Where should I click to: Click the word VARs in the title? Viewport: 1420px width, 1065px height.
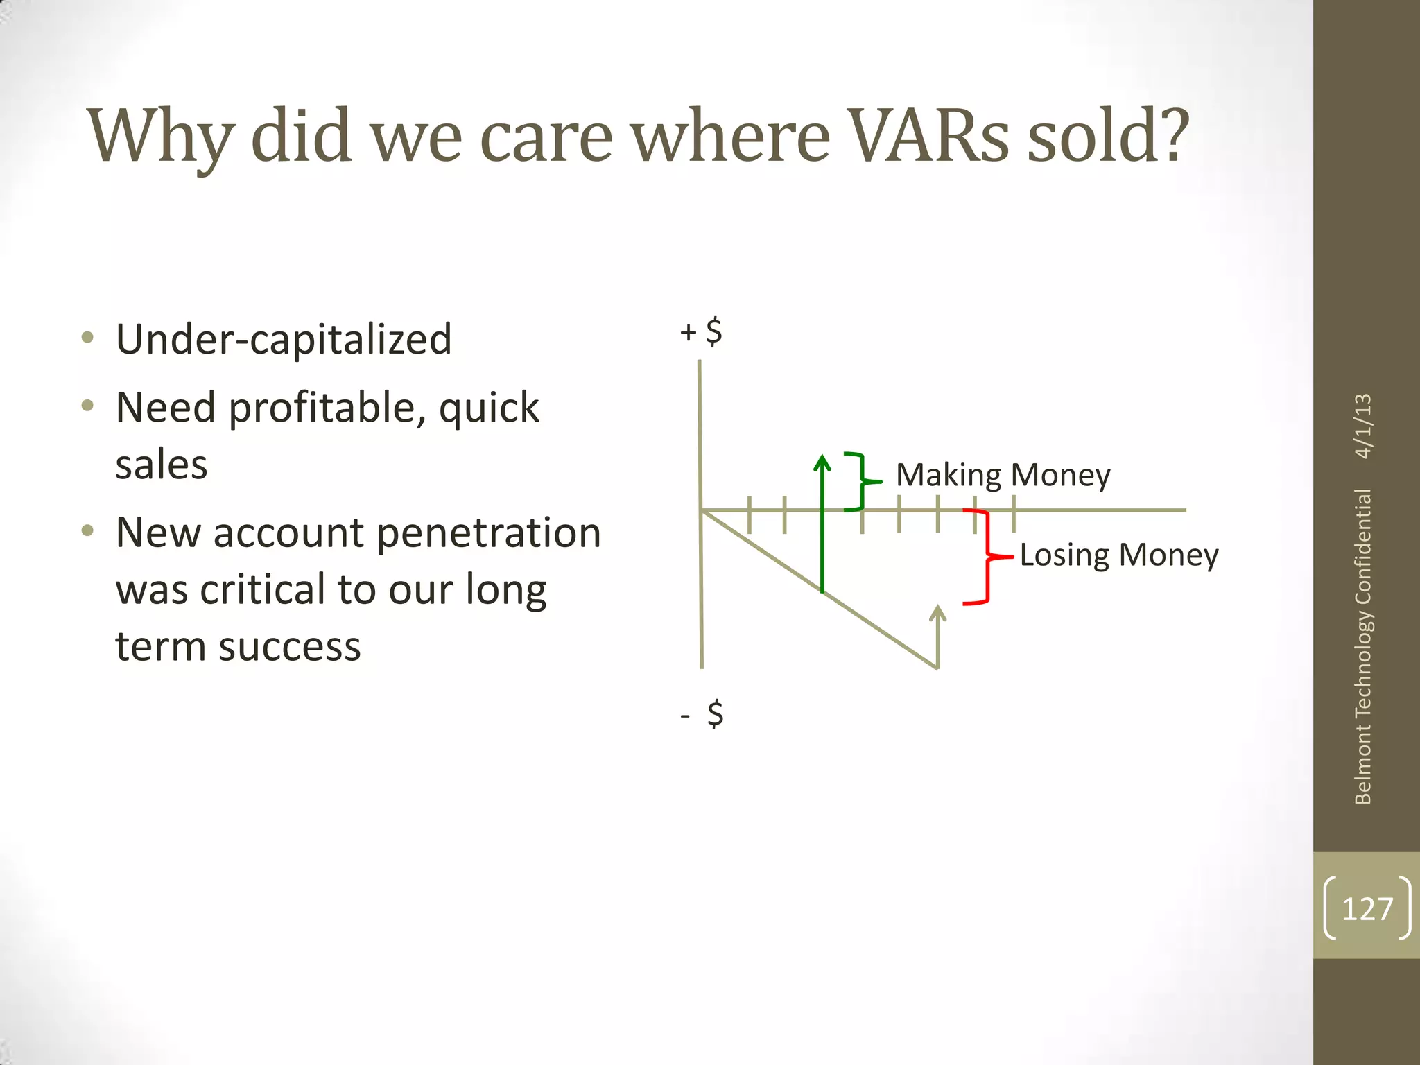(x=929, y=137)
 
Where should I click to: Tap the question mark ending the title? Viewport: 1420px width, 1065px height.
(x=1171, y=137)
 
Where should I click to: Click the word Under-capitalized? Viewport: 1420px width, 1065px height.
(x=284, y=339)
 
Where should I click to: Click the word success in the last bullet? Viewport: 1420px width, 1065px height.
(x=289, y=646)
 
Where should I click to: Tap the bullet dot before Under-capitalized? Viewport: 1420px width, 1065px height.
(x=87, y=338)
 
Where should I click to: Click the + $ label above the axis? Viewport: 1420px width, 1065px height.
(x=701, y=332)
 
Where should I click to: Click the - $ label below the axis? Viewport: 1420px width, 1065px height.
(x=702, y=714)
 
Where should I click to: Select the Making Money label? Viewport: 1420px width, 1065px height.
(x=1003, y=476)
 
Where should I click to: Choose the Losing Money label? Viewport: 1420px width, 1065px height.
(x=1118, y=555)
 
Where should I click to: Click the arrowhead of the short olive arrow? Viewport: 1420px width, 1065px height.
(x=937, y=612)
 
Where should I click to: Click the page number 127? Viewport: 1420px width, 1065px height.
(x=1367, y=909)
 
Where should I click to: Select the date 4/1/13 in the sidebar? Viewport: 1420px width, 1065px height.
(x=1362, y=426)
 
